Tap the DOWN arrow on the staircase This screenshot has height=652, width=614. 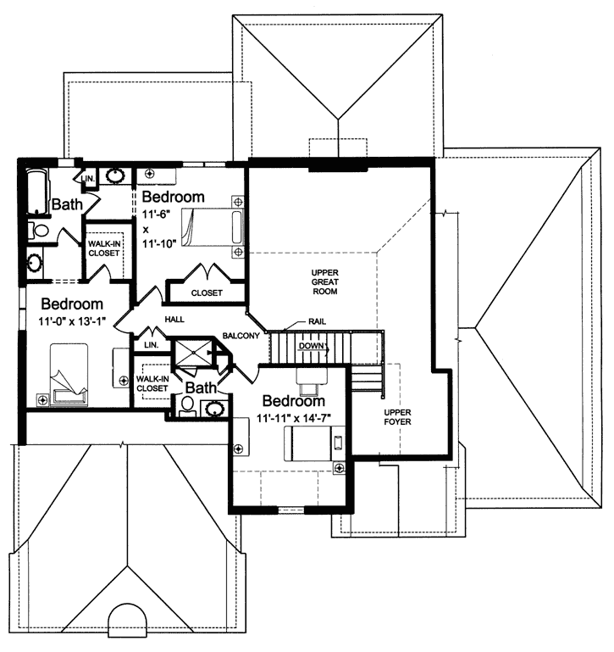(311, 346)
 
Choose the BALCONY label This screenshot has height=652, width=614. (241, 336)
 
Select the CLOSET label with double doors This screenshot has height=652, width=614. (206, 293)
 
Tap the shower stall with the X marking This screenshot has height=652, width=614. (191, 356)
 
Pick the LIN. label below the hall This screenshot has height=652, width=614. (152, 346)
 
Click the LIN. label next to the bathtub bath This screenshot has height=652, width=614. (88, 178)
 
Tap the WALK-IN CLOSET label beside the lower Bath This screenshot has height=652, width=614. (152, 383)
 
